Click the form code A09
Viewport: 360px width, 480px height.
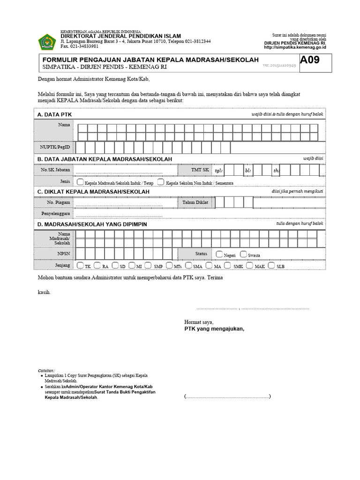310,60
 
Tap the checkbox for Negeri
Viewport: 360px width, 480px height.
219,254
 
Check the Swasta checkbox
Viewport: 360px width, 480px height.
243,254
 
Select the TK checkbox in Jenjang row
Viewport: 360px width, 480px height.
81,265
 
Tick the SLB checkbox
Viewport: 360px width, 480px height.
272,265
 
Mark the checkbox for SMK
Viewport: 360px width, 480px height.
227,265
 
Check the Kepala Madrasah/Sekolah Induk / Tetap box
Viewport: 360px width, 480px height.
81,182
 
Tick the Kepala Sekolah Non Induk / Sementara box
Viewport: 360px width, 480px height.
161,182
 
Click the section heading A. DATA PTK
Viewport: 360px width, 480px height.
54,114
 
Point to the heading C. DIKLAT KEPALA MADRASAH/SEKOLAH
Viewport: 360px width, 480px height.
93,192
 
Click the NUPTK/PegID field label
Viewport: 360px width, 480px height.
55,147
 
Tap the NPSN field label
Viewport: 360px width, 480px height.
64,254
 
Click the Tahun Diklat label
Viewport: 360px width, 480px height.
195,202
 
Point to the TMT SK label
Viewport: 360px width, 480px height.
200,170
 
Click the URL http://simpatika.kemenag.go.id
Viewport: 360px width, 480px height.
295,47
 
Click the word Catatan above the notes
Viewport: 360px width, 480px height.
46,370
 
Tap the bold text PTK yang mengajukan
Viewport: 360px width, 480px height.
214,329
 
